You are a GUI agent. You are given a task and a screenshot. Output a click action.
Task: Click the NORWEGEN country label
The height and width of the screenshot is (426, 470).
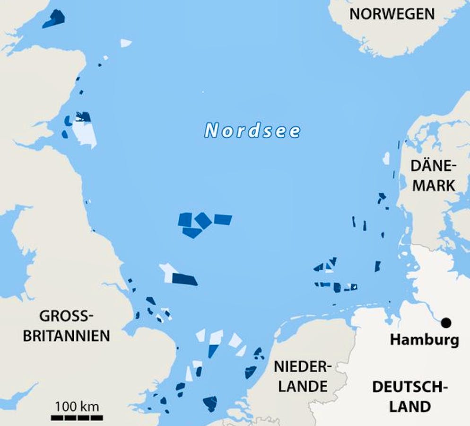click(x=392, y=14)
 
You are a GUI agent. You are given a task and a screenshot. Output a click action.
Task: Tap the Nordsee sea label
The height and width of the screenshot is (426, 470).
click(x=252, y=131)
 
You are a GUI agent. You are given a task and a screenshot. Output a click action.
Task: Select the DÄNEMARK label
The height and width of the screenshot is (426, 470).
click(x=433, y=175)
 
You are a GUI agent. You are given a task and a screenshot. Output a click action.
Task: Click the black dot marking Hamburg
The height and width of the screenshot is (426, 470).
click(x=445, y=323)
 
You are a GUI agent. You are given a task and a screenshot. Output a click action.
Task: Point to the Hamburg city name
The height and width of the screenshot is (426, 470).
click(x=424, y=340)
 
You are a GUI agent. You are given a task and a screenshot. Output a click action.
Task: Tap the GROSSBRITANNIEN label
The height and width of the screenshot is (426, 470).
click(x=67, y=326)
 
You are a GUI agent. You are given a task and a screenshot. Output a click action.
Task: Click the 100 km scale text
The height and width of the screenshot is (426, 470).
click(x=77, y=406)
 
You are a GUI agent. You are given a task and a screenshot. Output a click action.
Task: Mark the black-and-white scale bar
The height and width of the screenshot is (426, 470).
click(x=77, y=417)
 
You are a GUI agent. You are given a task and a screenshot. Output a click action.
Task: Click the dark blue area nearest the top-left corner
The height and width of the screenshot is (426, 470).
click(x=54, y=19)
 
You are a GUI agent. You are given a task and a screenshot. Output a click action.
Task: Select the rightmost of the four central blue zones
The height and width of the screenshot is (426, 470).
click(x=223, y=219)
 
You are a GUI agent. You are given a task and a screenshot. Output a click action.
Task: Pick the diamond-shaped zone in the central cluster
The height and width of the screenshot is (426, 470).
click(x=203, y=220)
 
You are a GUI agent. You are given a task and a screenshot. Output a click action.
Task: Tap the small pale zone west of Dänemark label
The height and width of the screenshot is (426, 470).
click(x=386, y=158)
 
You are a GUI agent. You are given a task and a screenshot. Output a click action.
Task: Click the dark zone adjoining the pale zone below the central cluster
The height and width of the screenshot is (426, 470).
click(x=184, y=279)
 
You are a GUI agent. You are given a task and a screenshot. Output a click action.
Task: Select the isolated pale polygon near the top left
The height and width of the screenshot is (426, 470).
click(x=125, y=43)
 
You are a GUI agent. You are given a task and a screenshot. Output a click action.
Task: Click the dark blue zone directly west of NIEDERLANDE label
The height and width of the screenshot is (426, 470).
click(x=250, y=372)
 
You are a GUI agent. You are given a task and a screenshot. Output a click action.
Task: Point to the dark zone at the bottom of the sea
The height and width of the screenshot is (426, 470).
click(x=209, y=403)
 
